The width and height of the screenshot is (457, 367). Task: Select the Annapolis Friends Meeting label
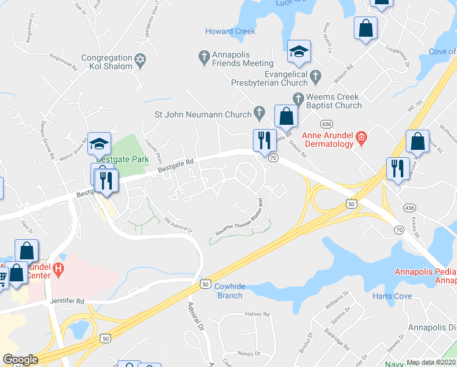click(x=242, y=59)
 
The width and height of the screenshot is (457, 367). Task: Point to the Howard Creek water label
click(x=230, y=31)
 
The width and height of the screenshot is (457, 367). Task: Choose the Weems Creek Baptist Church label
click(x=335, y=101)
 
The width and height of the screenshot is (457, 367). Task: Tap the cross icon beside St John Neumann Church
click(x=260, y=113)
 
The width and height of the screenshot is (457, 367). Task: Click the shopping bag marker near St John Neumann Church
click(x=286, y=117)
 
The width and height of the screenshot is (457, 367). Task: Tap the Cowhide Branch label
click(x=230, y=291)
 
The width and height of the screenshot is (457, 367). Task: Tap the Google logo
click(x=20, y=360)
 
